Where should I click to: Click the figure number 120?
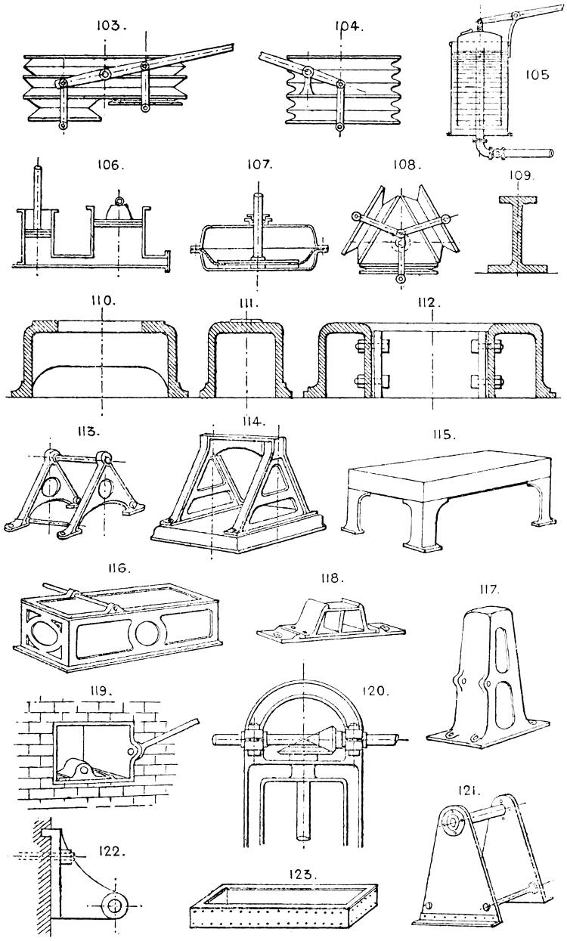point(375,691)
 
